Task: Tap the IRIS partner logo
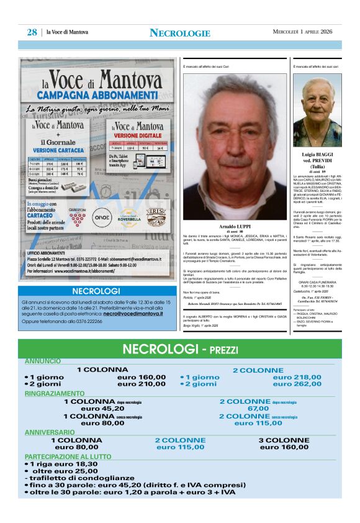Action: pyautogui.click(x=155, y=217)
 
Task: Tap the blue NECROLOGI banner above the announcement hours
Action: pyautogui.click(x=96, y=291)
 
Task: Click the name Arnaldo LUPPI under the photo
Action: pyautogui.click(x=234, y=226)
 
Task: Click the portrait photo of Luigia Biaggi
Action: pyautogui.click(x=321, y=110)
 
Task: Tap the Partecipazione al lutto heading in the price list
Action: pyautogui.click(x=68, y=456)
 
